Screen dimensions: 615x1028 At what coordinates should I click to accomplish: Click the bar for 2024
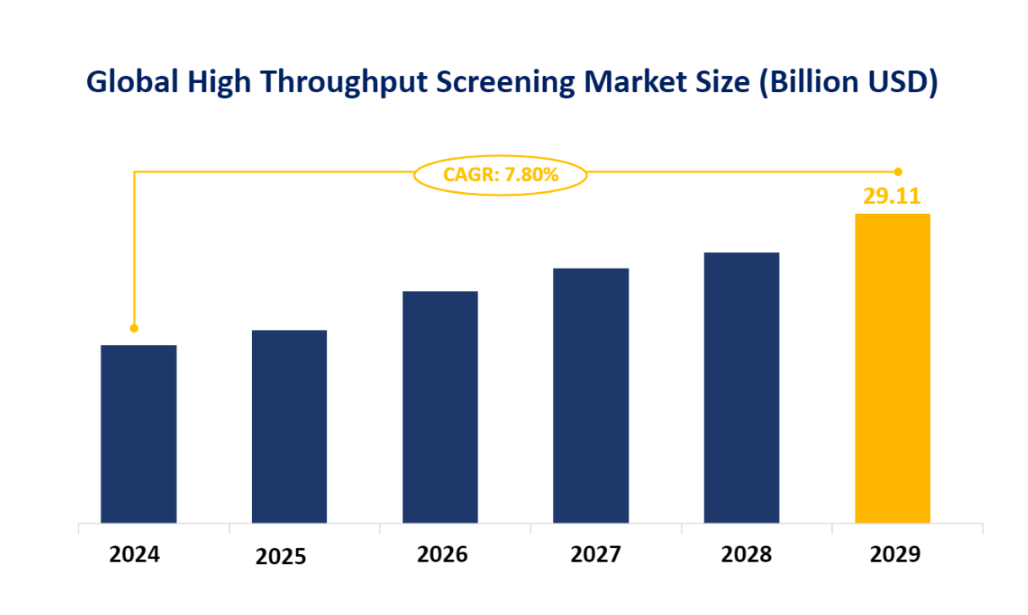click(139, 433)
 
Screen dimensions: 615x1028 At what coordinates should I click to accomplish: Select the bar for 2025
click(289, 426)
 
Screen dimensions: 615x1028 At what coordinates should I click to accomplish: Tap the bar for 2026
click(440, 406)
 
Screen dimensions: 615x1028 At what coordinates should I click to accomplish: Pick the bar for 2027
click(591, 395)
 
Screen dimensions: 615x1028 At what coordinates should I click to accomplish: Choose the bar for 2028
click(741, 387)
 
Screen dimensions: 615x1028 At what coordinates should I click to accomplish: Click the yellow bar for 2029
click(892, 367)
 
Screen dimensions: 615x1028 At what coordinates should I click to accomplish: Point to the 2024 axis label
click(134, 555)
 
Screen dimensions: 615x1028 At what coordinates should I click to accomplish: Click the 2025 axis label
click(282, 557)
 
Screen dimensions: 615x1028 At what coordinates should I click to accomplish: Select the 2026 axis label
click(442, 555)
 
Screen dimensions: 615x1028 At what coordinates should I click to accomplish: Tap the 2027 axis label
click(595, 555)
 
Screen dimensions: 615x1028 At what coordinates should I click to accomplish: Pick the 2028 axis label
click(746, 555)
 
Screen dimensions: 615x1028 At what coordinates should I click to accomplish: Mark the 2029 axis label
click(894, 555)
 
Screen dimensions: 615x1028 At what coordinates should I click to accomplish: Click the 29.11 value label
click(892, 196)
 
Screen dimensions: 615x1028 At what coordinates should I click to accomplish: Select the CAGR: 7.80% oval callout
click(500, 175)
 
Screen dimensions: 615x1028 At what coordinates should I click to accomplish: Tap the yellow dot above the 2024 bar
click(134, 328)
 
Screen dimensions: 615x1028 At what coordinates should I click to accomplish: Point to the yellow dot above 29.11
click(898, 172)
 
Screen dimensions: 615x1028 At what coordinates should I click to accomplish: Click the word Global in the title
click(132, 82)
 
